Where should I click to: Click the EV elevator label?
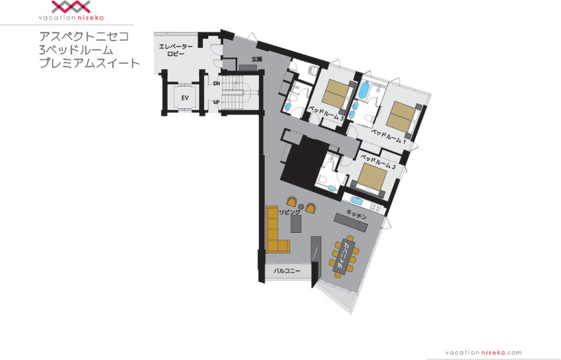pos(184,98)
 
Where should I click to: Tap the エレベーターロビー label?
pos(176,50)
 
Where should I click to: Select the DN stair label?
pos(216,84)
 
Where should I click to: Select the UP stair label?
pos(216,102)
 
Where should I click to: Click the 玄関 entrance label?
pos(257,59)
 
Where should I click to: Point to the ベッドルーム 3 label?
pos(327,113)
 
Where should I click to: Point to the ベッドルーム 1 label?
pos(388,137)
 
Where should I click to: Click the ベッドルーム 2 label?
pos(378,161)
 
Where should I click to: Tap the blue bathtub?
pos(363,90)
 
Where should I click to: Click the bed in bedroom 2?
pos(372,178)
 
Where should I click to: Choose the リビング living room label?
pos(290,212)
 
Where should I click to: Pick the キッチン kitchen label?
pos(357,215)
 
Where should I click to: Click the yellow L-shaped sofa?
pos(275,230)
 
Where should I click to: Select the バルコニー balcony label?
pos(288,271)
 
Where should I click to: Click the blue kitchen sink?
pos(357,200)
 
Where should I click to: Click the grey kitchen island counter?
pos(351,222)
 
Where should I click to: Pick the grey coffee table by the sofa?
pos(296,224)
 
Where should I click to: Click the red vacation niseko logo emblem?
pos(71,7)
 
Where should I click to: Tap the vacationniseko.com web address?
pos(483,353)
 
